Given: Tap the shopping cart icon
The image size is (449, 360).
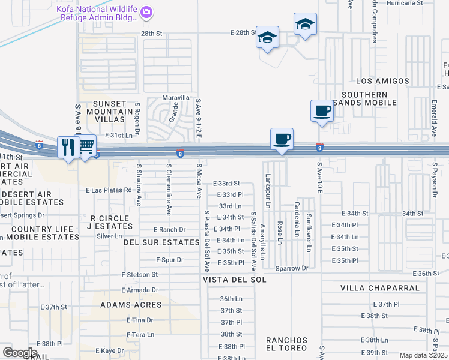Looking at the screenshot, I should pyautogui.click(x=87, y=145).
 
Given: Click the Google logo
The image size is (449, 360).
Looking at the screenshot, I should pyautogui.click(x=20, y=353).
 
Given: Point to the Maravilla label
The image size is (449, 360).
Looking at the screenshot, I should pyautogui.click(x=176, y=98).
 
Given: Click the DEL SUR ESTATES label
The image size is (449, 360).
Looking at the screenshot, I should pyautogui.click(x=161, y=242).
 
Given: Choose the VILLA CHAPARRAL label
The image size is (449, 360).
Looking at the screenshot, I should pyautogui.click(x=380, y=288).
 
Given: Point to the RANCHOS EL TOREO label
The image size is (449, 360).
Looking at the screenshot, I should pyautogui.click(x=287, y=344).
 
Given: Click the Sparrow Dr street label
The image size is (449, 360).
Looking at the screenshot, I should pyautogui.click(x=291, y=268).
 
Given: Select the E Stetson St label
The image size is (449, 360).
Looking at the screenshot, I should pyautogui.click(x=139, y=274).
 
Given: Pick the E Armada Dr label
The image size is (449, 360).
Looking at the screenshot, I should pyautogui.click(x=139, y=290).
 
